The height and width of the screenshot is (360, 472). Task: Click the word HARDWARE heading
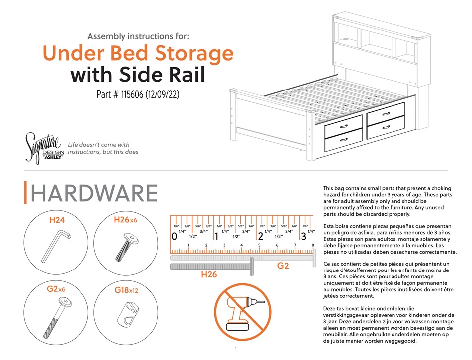click(x=94, y=193)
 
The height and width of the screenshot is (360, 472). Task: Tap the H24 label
click(x=57, y=219)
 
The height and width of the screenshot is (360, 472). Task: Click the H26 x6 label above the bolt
click(x=125, y=219)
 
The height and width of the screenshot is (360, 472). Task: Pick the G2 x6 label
click(x=56, y=289)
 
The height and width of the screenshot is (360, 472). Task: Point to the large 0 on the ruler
click(x=174, y=237)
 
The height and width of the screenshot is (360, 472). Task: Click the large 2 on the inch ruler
click(x=260, y=237)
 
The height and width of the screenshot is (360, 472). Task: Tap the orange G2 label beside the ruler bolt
click(x=283, y=266)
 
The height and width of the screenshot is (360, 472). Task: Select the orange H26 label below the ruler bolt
click(x=209, y=275)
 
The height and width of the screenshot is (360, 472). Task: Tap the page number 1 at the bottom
click(x=236, y=349)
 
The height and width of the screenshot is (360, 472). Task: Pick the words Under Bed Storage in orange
click(x=138, y=53)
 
